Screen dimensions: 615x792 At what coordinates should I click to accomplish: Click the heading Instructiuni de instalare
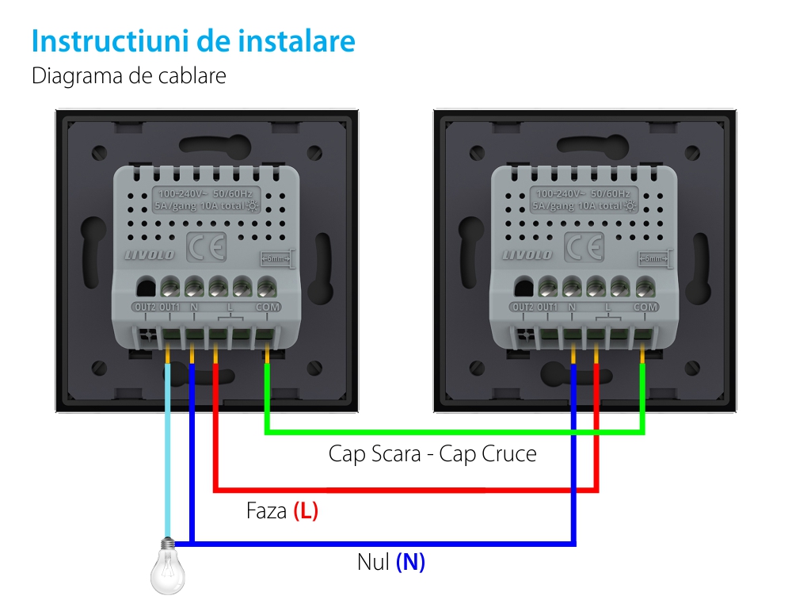point(193,41)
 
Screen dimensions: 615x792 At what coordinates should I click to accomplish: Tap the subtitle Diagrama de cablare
point(128,76)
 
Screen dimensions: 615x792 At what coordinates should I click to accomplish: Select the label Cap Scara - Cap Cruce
point(432,454)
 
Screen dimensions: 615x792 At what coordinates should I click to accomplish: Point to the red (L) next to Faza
point(306,511)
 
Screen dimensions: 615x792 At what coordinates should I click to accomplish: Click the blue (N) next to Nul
point(410,562)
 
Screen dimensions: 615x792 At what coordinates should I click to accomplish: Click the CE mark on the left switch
point(206,247)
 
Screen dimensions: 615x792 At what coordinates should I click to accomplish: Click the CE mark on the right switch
point(584,247)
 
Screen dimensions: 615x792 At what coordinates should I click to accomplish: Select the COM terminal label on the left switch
point(267,307)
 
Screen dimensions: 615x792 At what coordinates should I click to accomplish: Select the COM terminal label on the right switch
point(645,307)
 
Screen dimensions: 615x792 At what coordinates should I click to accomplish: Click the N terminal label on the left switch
point(192,307)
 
